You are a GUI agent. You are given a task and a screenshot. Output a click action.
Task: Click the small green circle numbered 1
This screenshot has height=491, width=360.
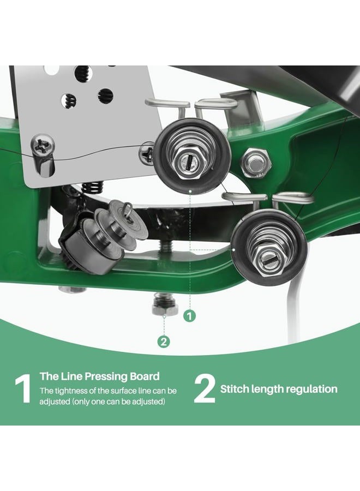tap(189, 316)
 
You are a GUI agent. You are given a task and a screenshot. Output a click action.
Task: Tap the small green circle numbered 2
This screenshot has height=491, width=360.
tap(164, 342)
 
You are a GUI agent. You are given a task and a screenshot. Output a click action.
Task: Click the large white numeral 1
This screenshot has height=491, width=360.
tap(22, 388)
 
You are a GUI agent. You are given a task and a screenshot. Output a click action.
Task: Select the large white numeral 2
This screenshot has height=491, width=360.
tap(205, 388)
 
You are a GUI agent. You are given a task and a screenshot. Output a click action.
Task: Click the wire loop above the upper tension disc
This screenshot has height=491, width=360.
tap(167, 105)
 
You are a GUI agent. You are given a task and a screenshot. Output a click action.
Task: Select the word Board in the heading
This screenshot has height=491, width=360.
tap(145, 376)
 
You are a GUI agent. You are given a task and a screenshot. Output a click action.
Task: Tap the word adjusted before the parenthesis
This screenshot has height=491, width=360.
tap(54, 402)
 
